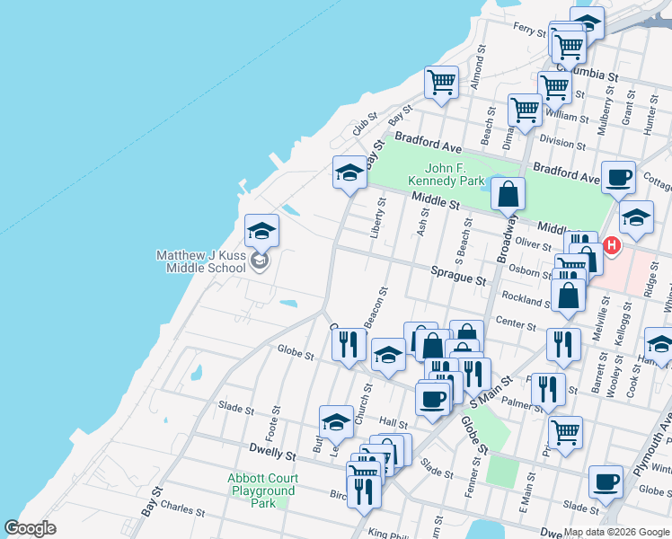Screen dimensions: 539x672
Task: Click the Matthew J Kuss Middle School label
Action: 200,261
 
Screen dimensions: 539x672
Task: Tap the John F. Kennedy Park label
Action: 441,174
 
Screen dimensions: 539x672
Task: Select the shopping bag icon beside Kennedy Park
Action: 508,194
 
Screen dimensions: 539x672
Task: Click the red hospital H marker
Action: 613,244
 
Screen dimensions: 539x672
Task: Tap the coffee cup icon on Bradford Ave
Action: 617,177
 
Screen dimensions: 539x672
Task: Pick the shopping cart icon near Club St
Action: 441,82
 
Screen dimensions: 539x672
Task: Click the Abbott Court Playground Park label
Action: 262,490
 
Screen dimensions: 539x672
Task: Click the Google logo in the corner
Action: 30,528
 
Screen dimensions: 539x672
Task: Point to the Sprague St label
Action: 457,279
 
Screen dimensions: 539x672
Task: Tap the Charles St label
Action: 182,509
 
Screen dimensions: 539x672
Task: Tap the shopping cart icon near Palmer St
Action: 566,432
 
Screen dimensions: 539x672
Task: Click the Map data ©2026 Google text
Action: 616,532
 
